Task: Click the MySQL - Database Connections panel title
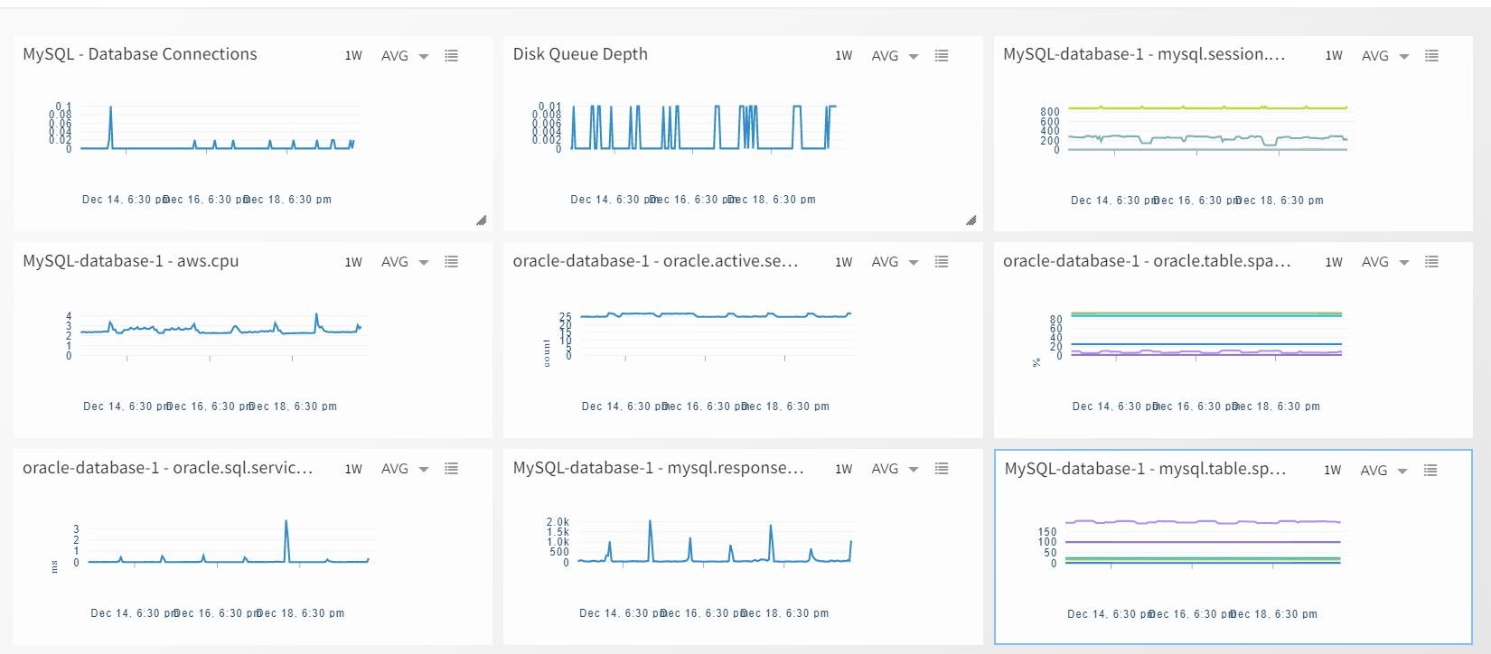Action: (140, 54)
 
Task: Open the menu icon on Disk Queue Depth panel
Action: (942, 56)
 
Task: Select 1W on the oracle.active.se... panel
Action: (843, 262)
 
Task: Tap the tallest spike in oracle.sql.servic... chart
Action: (286, 522)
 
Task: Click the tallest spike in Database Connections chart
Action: (110, 109)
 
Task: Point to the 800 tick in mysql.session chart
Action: (1049, 111)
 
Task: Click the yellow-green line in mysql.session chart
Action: (1202, 107)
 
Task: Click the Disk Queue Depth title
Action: (580, 54)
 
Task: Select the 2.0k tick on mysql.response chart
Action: (558, 522)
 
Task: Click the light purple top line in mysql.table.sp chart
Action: (1202, 522)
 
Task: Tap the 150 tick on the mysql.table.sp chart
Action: (1046, 532)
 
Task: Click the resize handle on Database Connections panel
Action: (482, 220)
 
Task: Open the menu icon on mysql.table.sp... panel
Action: (1430, 470)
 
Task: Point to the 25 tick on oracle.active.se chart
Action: (566, 317)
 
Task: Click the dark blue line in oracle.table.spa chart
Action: (1202, 344)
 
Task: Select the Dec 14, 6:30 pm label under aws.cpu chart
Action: (127, 406)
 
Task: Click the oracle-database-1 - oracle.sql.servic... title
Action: (168, 468)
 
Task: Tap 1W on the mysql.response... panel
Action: (843, 469)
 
